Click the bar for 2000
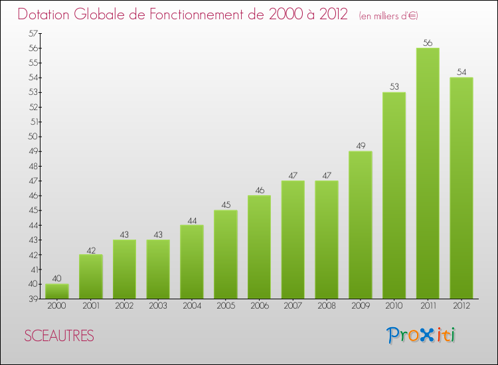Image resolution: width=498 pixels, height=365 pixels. pos(57,291)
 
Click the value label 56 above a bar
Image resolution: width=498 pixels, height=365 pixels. pos(428,43)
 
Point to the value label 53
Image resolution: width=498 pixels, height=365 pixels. pos(394,87)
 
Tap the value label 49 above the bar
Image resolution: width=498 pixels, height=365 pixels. pos(361,146)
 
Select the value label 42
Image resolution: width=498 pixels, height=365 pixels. pos(91,250)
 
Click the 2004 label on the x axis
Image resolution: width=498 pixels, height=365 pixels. pos(192,307)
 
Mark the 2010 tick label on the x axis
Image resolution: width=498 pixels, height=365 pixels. pos(394,307)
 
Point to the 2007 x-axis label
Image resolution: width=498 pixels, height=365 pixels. pos(293,307)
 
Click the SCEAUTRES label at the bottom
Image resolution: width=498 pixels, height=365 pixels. pos(59,336)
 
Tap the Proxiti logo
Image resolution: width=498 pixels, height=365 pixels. pos(422,335)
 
